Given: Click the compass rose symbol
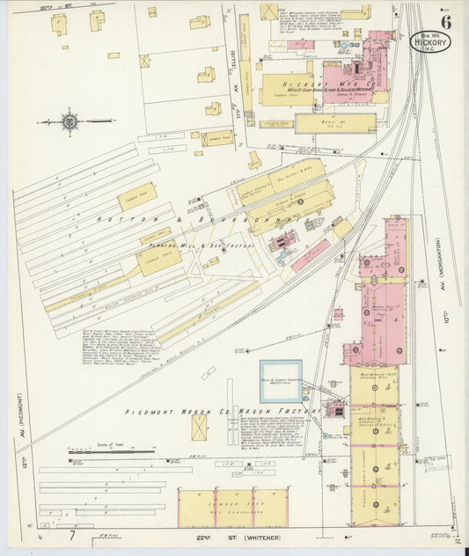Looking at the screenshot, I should coord(70,121).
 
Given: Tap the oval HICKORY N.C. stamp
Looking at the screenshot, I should coord(430,41).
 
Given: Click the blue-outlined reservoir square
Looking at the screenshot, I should coord(281,381).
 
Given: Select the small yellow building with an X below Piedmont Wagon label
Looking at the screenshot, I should coord(201,428).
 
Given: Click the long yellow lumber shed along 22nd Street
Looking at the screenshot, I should coord(233,508).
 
